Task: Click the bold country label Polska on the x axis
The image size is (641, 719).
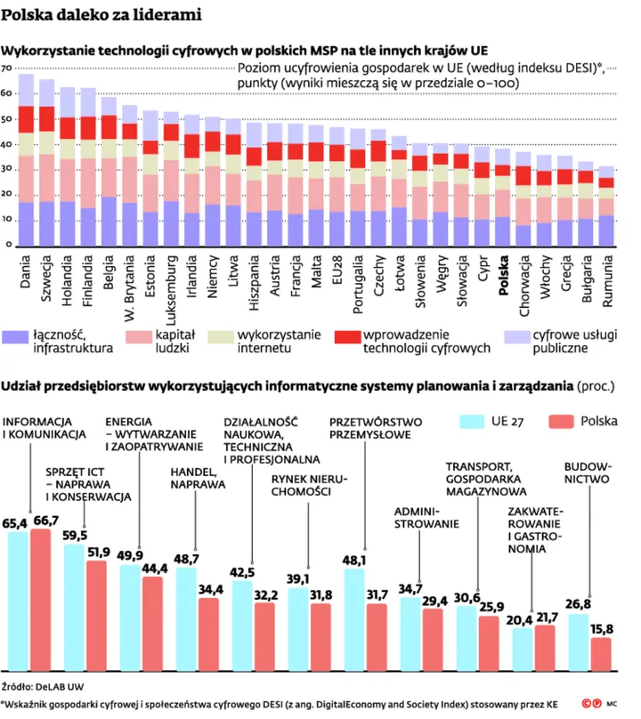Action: (x=503, y=275)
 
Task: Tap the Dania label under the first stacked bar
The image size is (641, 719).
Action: (x=25, y=271)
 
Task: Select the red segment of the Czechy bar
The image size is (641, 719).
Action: (x=378, y=151)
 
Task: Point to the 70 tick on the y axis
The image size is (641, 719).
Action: (x=6, y=69)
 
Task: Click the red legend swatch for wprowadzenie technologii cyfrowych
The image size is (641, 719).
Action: (x=347, y=337)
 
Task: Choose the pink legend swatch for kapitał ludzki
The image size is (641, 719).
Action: (x=139, y=337)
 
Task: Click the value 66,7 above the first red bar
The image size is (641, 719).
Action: (x=46, y=521)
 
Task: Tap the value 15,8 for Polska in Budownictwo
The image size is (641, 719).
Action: (x=602, y=628)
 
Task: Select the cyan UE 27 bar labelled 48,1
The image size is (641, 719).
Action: (x=353, y=619)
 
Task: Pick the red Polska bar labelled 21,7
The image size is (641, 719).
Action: (x=545, y=648)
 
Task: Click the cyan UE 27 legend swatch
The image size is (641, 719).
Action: (x=472, y=422)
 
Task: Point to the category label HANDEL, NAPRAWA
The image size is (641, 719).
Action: (x=198, y=478)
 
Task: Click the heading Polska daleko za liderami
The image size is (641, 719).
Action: (x=101, y=14)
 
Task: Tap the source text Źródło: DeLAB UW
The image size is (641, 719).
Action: (x=43, y=686)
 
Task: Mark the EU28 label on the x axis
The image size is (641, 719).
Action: (x=337, y=270)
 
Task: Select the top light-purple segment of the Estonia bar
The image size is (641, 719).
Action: (x=150, y=125)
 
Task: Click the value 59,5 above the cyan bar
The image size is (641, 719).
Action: (x=75, y=535)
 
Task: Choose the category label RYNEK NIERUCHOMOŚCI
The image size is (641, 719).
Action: (x=309, y=485)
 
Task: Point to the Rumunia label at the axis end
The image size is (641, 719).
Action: (x=607, y=281)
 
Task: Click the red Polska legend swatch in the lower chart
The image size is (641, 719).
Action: (x=561, y=422)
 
